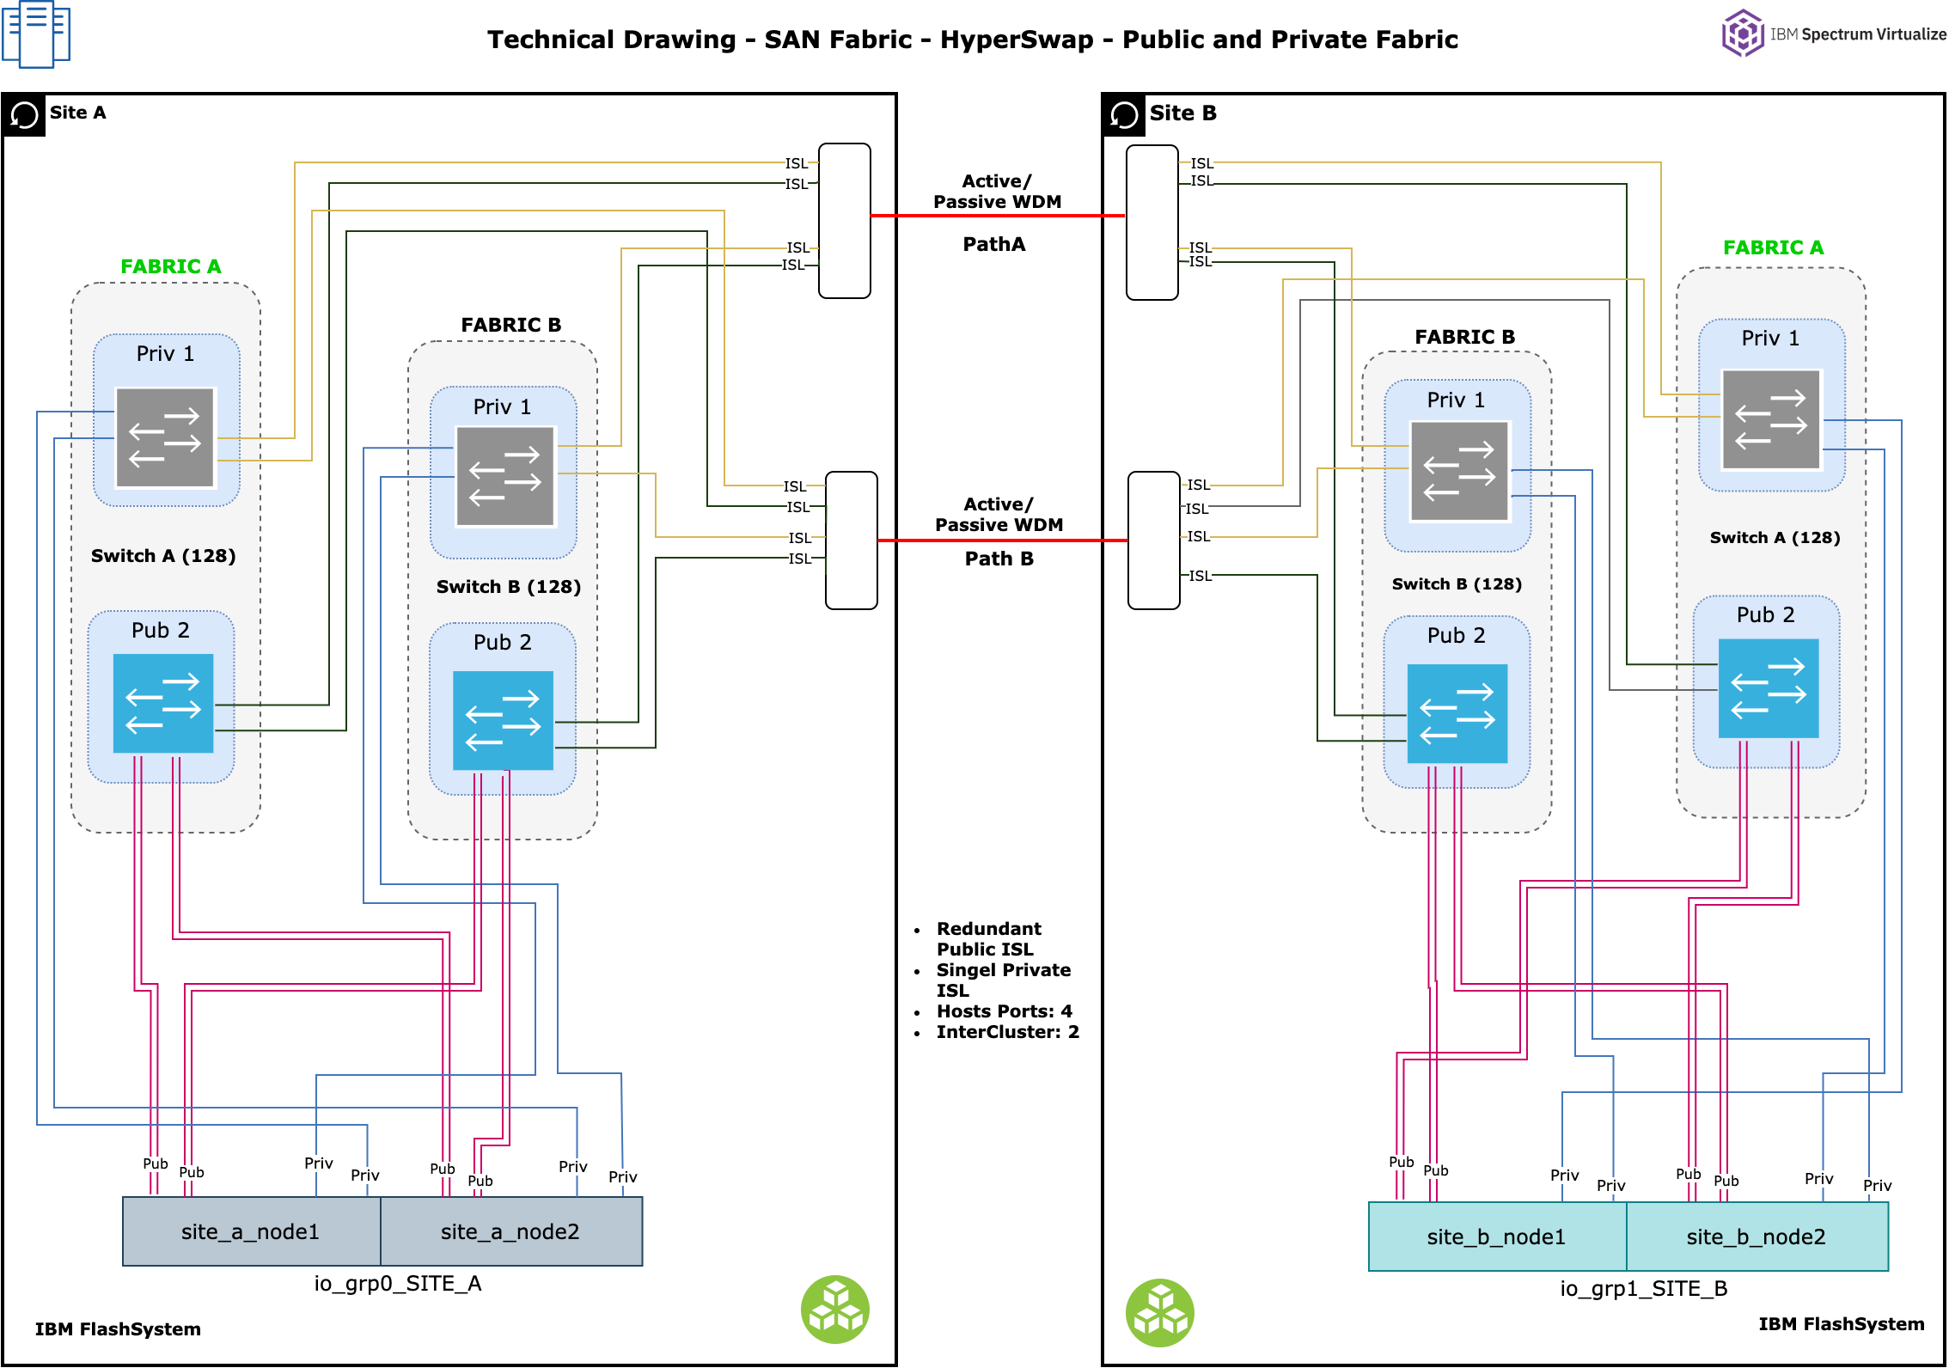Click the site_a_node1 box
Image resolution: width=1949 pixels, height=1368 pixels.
click(x=251, y=1231)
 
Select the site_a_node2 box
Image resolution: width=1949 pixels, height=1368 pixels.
click(x=510, y=1231)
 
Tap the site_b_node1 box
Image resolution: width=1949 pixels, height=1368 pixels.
click(x=1496, y=1237)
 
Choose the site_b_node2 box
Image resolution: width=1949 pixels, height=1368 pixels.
click(x=1756, y=1237)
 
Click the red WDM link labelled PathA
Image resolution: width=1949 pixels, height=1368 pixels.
click(x=997, y=216)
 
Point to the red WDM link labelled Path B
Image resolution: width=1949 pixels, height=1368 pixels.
click(x=1002, y=540)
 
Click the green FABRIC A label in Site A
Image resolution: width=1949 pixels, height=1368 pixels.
click(x=171, y=266)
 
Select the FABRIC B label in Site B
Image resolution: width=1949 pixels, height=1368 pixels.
click(x=1464, y=337)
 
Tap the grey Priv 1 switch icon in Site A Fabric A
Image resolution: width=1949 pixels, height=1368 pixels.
click(x=165, y=437)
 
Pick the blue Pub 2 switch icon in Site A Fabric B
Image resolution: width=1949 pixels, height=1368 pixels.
click(x=504, y=720)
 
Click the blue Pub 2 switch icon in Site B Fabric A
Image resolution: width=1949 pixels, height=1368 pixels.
click(x=1769, y=687)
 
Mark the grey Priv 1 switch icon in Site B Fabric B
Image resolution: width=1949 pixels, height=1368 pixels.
click(x=1459, y=471)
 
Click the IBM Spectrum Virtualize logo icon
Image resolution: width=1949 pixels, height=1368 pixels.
click(x=1742, y=34)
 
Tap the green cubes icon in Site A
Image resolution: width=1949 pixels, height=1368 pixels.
click(x=835, y=1309)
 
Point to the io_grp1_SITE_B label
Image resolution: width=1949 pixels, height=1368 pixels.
click(x=1643, y=1288)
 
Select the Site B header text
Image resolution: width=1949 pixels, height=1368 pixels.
click(x=1182, y=113)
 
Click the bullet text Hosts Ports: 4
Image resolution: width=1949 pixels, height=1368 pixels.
click(x=1004, y=1011)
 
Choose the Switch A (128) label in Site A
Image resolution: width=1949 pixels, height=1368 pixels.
click(x=163, y=556)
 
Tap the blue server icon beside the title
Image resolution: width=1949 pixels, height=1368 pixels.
click(x=36, y=34)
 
